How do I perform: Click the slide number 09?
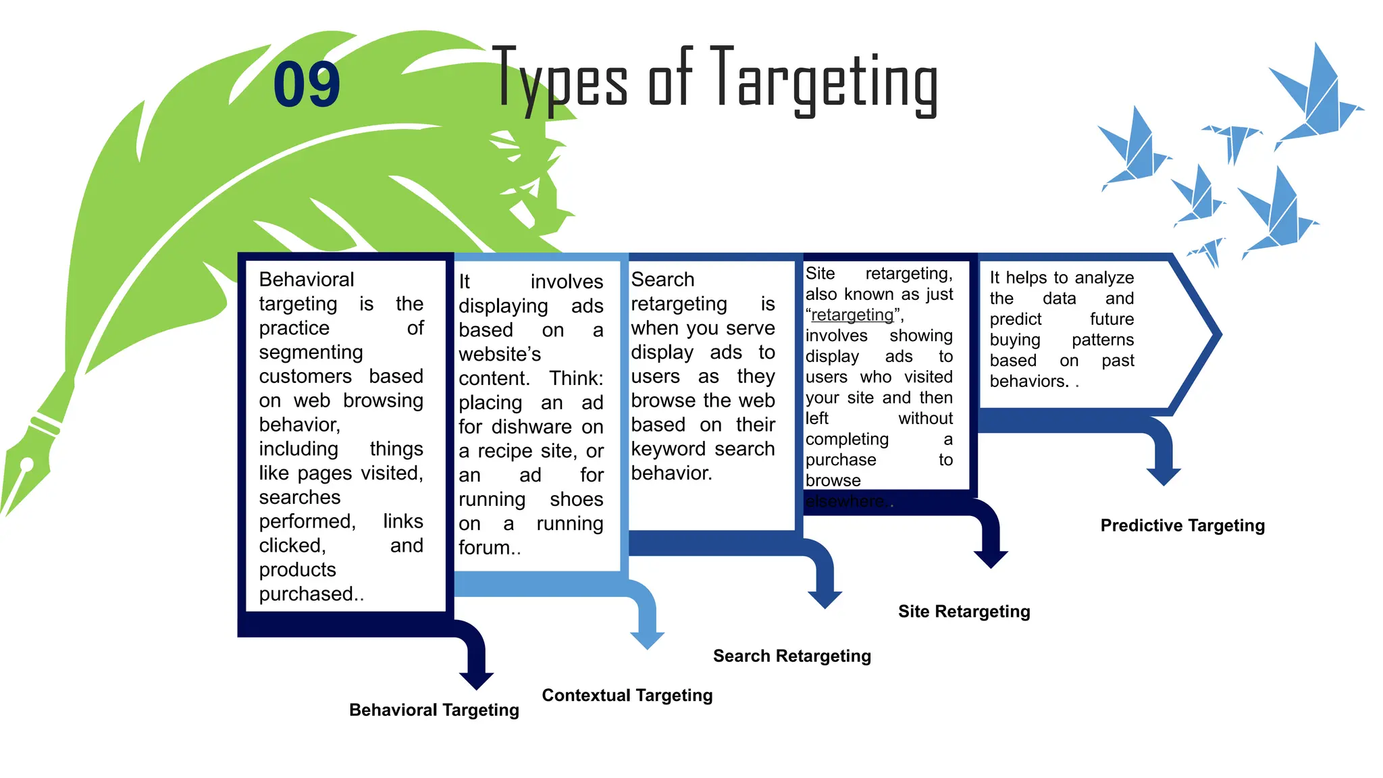307,84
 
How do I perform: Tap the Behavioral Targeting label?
434,710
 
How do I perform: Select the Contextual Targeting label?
627,695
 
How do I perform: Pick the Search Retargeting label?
791,656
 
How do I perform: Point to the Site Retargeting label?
964,611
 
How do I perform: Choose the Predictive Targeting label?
1182,525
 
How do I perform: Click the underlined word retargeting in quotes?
852,315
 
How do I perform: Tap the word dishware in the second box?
531,427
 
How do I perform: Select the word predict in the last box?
1015,319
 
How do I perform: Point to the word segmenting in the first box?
311,353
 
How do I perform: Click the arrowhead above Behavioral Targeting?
476,679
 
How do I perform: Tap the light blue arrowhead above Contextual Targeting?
647,640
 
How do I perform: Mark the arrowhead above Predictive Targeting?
1163,476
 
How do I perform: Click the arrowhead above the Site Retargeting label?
990,559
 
